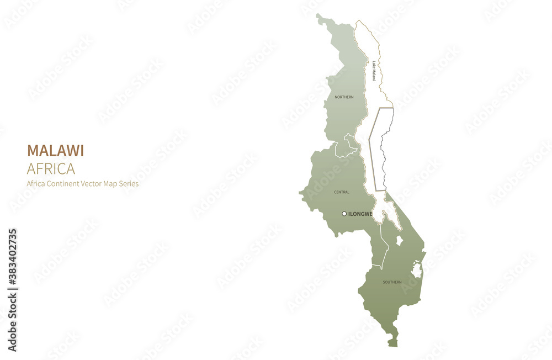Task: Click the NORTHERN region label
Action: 344,97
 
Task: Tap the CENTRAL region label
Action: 342,192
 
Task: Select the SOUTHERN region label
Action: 392,282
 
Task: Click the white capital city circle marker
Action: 344,214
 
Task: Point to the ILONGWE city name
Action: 361,214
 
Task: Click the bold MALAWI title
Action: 55,151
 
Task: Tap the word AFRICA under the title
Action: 51,168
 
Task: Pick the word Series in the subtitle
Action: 127,184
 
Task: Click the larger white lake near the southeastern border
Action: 417,270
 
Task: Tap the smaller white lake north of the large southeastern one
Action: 400,241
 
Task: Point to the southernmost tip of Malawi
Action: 392,344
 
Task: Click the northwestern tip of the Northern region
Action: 319,17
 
